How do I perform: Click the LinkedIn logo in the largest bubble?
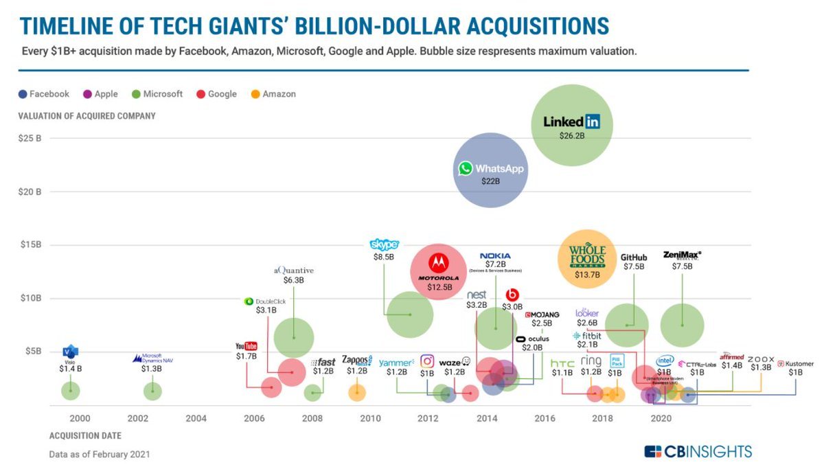(x=571, y=122)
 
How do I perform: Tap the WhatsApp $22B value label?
(x=490, y=182)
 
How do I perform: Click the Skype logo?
(x=384, y=244)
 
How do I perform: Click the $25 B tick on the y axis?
(x=30, y=139)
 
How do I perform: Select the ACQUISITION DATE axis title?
(x=85, y=436)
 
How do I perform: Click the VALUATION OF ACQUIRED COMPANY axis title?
(x=87, y=116)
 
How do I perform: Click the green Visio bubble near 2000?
(x=70, y=391)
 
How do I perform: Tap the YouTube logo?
(x=246, y=346)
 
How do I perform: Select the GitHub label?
(x=634, y=258)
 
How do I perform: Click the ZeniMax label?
(x=682, y=255)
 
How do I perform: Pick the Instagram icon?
(x=427, y=361)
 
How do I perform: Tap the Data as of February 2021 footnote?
(x=99, y=454)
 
